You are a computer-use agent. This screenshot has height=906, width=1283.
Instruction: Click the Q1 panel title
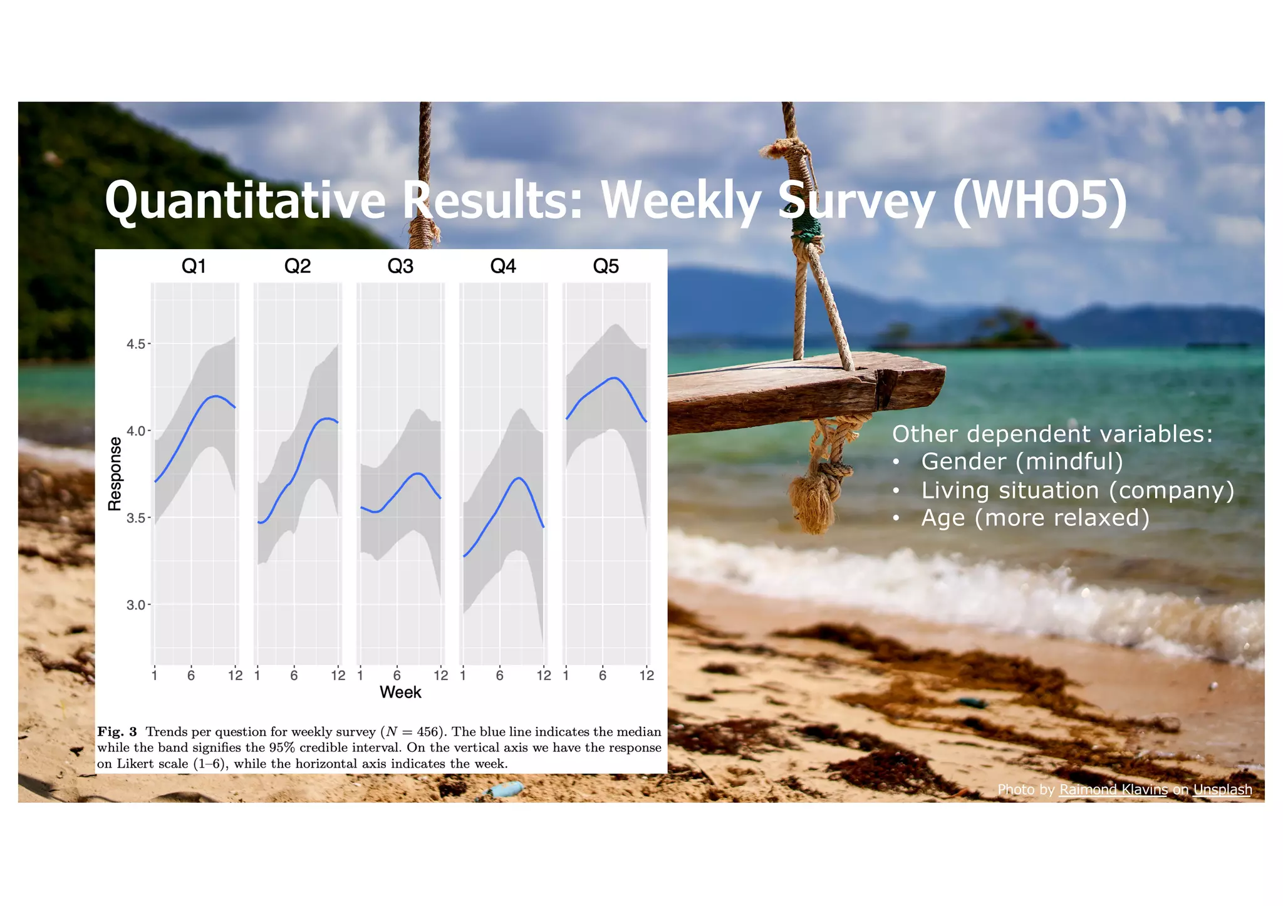194,266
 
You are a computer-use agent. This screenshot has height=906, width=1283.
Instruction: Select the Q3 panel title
400,266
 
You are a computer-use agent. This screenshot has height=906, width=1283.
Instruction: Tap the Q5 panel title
606,266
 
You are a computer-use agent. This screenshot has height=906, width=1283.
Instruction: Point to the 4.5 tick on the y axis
136,344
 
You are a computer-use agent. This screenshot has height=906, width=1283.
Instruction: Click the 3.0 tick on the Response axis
136,605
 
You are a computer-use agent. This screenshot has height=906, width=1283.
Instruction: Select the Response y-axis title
115,474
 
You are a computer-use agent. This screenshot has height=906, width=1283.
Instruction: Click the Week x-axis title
400,692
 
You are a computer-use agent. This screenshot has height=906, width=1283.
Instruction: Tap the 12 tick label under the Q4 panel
544,675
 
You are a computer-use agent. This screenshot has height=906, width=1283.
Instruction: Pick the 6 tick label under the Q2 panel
294,675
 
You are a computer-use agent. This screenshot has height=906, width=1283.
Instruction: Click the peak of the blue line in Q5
615,378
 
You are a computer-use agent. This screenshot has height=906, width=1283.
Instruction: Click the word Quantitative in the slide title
244,200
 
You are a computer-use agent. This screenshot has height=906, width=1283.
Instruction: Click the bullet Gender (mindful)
1021,461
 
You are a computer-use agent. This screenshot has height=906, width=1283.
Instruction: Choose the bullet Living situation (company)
1077,490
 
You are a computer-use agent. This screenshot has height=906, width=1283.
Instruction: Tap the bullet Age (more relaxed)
1035,518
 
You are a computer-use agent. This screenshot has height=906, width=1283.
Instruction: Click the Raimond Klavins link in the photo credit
1113,790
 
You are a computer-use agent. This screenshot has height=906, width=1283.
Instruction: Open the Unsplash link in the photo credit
1222,790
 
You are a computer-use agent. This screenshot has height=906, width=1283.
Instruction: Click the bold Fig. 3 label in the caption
117,731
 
